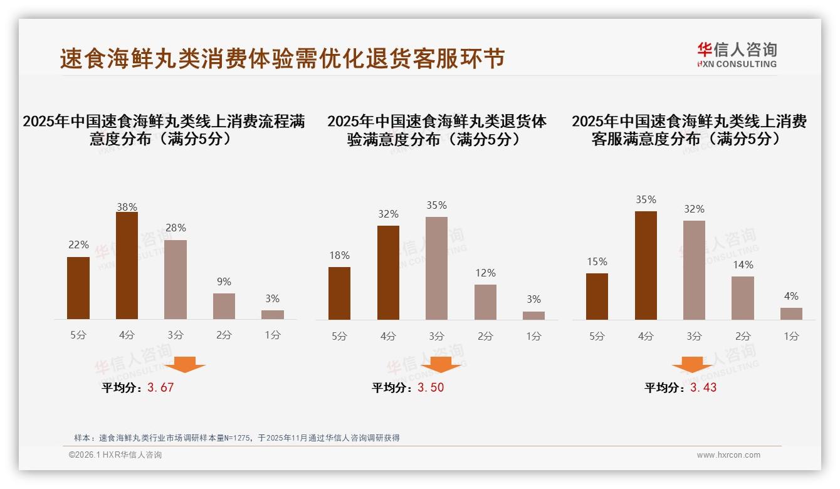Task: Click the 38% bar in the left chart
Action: pyautogui.click(x=127, y=266)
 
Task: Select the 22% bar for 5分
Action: pyautogui.click(x=78, y=288)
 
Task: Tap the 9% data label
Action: pyautogui.click(x=224, y=282)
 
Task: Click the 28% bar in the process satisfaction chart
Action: pyautogui.click(x=176, y=280)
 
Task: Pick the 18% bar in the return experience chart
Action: pyautogui.click(x=339, y=293)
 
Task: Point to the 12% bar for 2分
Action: pyautogui.click(x=485, y=302)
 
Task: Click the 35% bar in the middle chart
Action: pyautogui.click(x=436, y=268)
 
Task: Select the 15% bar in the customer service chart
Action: pyautogui.click(x=597, y=297)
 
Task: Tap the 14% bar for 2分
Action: pyautogui.click(x=743, y=298)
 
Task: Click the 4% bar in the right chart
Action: pyautogui.click(x=791, y=313)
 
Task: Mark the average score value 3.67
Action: pyautogui.click(x=160, y=387)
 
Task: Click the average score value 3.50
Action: pyautogui.click(x=431, y=387)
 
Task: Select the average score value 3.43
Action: pyautogui.click(x=703, y=387)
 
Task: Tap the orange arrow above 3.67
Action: pyautogui.click(x=186, y=364)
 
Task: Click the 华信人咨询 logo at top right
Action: pyautogui.click(x=737, y=55)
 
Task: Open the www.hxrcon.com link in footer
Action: pyautogui.click(x=728, y=455)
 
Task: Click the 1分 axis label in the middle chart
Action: pyautogui.click(x=533, y=336)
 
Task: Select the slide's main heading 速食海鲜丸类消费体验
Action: pyautogui.click(x=282, y=59)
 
